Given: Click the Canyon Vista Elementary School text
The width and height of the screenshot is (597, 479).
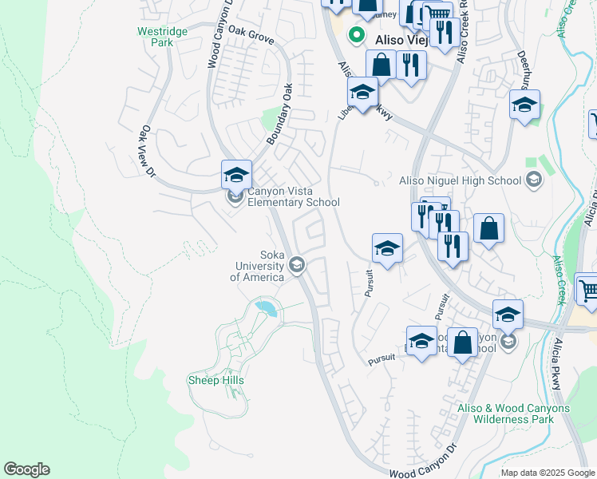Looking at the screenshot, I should (x=293, y=196).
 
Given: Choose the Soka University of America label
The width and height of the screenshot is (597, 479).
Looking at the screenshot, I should (x=257, y=266).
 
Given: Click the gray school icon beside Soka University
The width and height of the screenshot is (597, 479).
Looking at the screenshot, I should (x=297, y=264).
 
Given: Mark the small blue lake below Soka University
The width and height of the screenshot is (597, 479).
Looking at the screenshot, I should (x=266, y=307).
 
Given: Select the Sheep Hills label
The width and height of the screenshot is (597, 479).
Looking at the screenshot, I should (x=215, y=380).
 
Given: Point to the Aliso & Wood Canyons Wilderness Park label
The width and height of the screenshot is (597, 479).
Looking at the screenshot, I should (x=513, y=414).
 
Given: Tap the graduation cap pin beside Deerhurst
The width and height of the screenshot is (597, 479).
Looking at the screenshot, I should (x=524, y=104).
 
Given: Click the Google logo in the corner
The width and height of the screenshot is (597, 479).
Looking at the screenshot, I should (x=26, y=469).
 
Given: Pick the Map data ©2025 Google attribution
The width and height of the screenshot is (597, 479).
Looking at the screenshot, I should (x=547, y=473).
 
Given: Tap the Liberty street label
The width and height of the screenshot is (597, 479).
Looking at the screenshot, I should (x=346, y=109).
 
